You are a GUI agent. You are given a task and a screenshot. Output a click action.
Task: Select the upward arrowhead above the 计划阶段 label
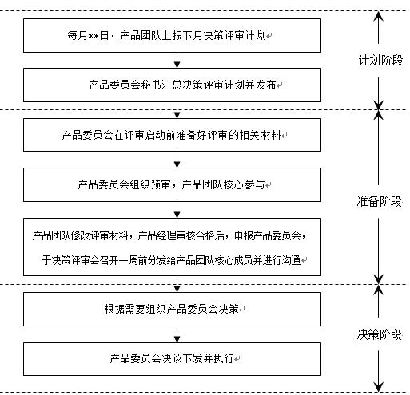380,17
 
